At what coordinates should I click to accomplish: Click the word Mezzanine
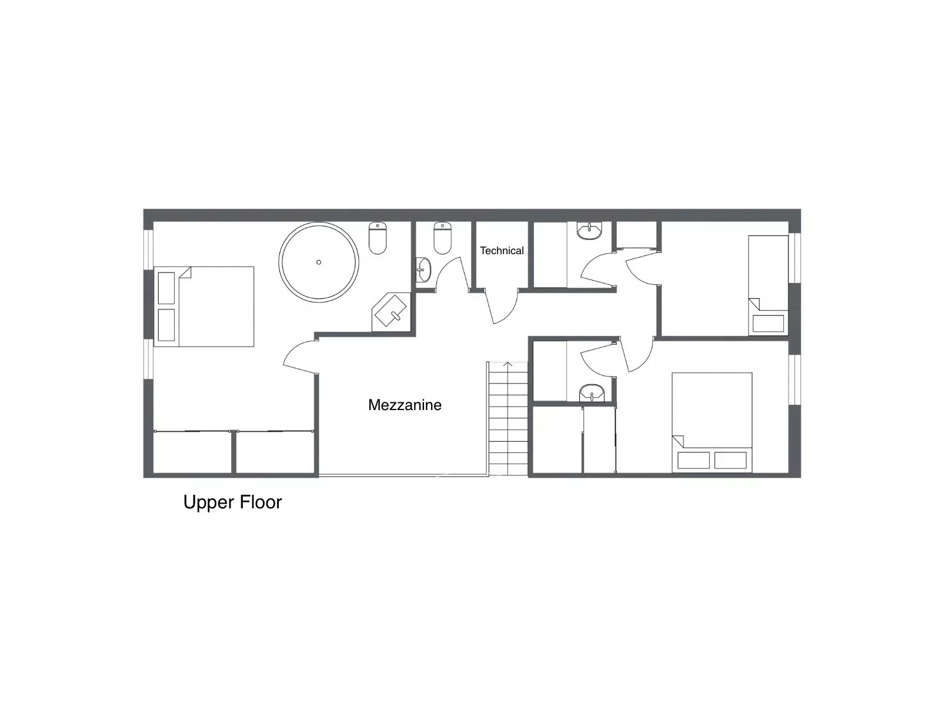pos(405,405)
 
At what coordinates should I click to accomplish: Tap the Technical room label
pos(502,251)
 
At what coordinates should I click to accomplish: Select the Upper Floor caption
pos(232,502)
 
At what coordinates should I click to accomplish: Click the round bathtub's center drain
pos(319,262)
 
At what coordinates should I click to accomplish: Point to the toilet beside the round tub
pos(378,238)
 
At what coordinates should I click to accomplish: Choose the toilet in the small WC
pos(442,238)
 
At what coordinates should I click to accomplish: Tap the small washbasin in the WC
pos(423,270)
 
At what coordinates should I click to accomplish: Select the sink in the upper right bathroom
pos(589,231)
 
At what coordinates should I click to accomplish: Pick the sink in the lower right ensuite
pos(592,393)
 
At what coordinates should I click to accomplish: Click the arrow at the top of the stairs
pos(508,364)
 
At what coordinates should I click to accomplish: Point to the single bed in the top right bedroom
pos(768,285)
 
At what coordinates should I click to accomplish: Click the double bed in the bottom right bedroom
pos(712,422)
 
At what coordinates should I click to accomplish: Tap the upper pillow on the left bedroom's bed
pos(166,288)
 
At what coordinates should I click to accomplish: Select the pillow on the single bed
pos(768,324)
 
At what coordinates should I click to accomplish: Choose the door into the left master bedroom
pos(300,357)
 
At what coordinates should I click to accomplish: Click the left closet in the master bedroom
pos(192,452)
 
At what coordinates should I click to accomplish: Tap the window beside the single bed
pos(795,258)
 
